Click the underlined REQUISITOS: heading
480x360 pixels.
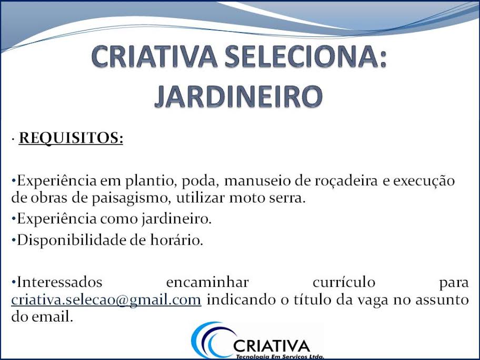(x=71, y=138)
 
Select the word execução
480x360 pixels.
(x=423, y=182)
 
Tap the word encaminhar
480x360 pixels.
(x=207, y=283)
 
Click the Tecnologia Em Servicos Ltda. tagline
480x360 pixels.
(x=279, y=356)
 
